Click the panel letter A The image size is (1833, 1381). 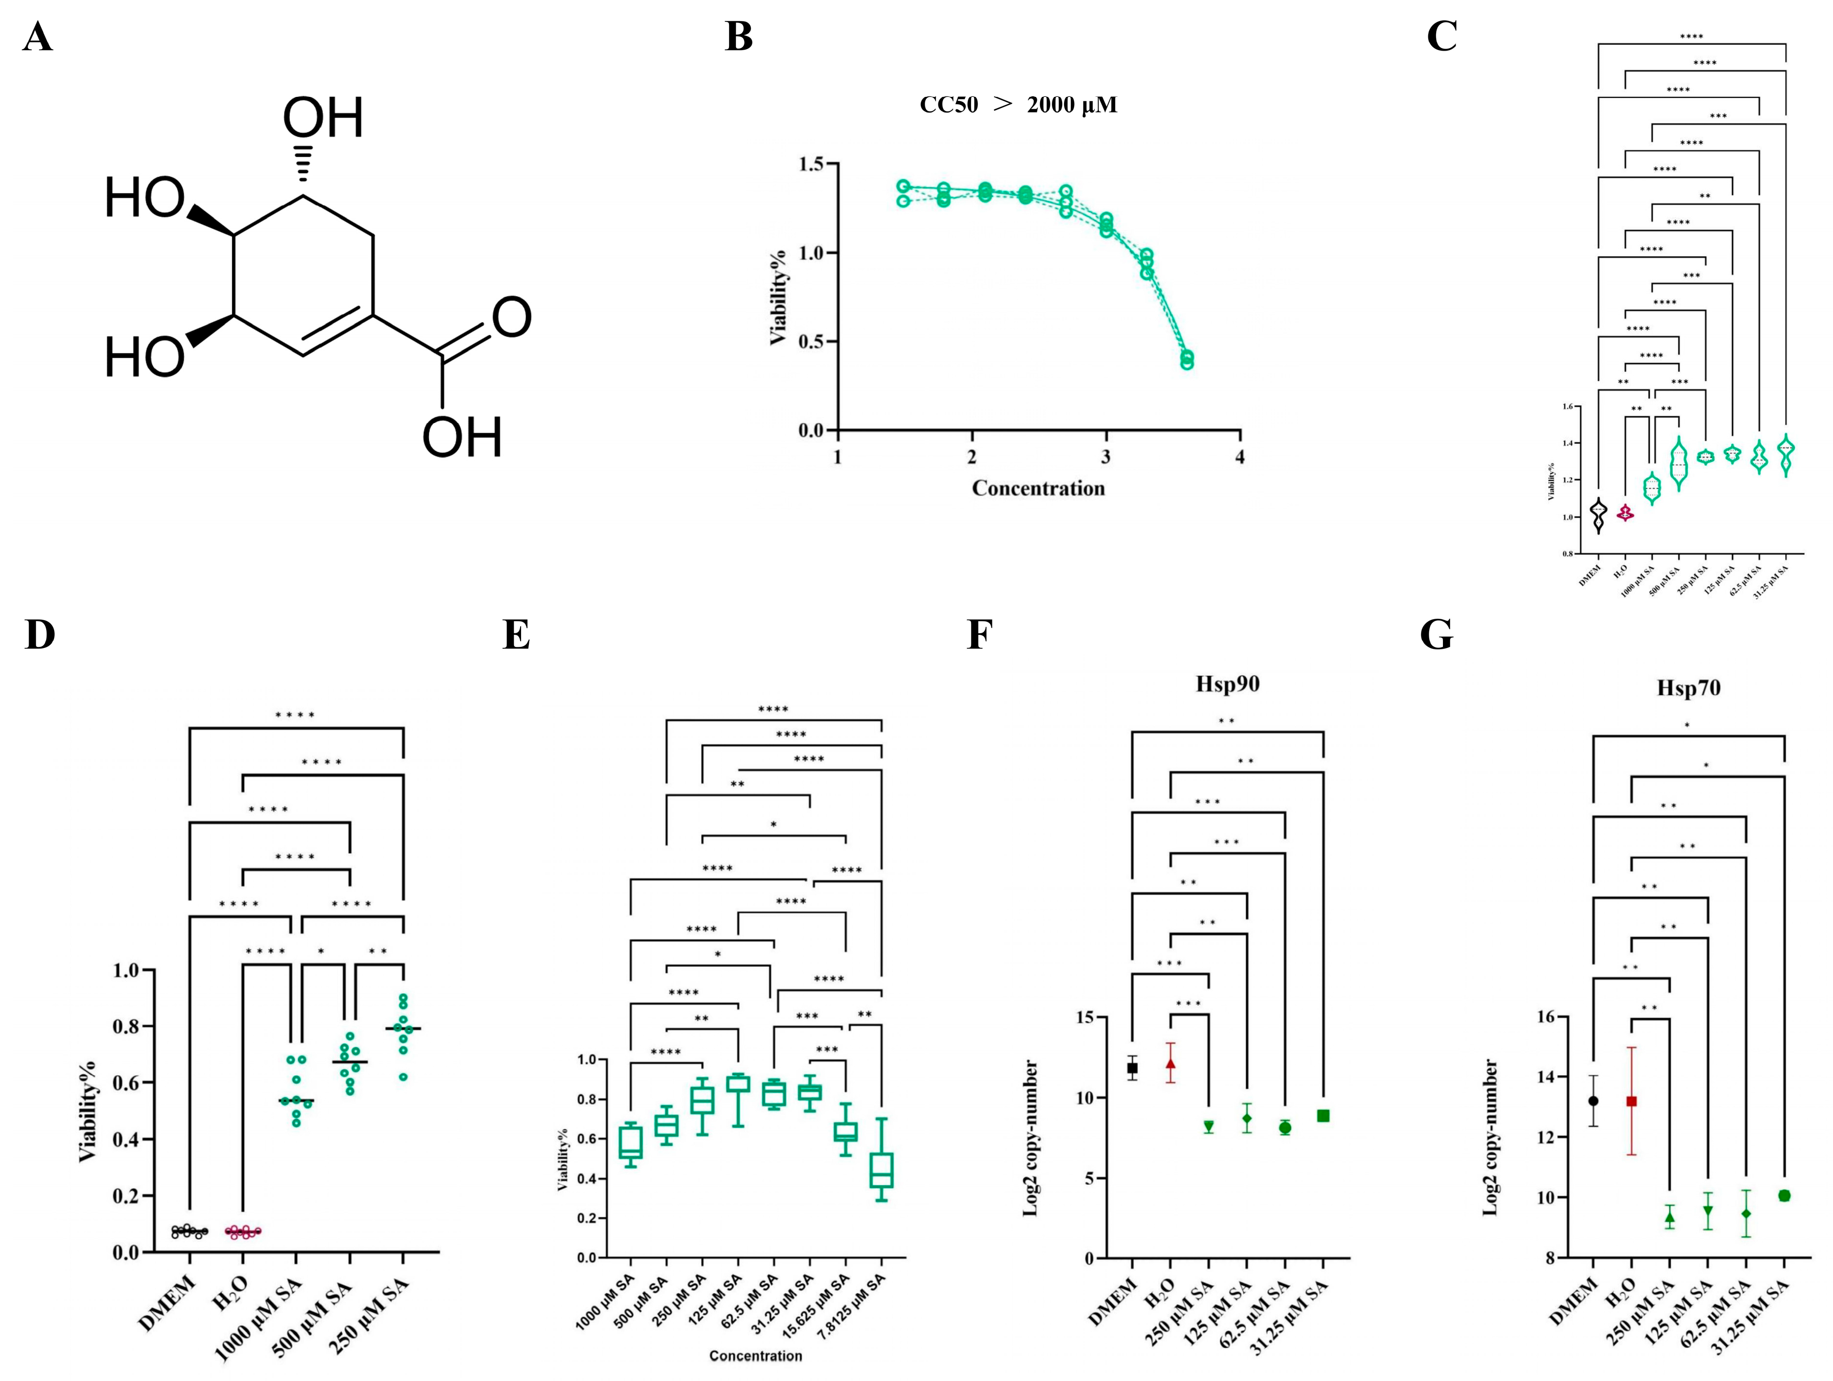pos(38,37)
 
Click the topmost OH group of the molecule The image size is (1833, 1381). pos(323,118)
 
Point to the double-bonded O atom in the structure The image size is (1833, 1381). pos(511,317)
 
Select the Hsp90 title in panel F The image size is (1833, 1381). pos(1227,684)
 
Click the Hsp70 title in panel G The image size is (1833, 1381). pos(1688,688)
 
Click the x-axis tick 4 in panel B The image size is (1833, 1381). pos(1240,457)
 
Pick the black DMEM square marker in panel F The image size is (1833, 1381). pos(1132,1068)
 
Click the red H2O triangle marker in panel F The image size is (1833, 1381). pos(1170,1064)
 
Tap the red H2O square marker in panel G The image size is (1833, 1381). pos(1631,1102)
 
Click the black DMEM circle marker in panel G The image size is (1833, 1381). pos(1593,1101)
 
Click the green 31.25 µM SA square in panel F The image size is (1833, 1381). pos(1323,1116)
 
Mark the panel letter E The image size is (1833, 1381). pos(516,635)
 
